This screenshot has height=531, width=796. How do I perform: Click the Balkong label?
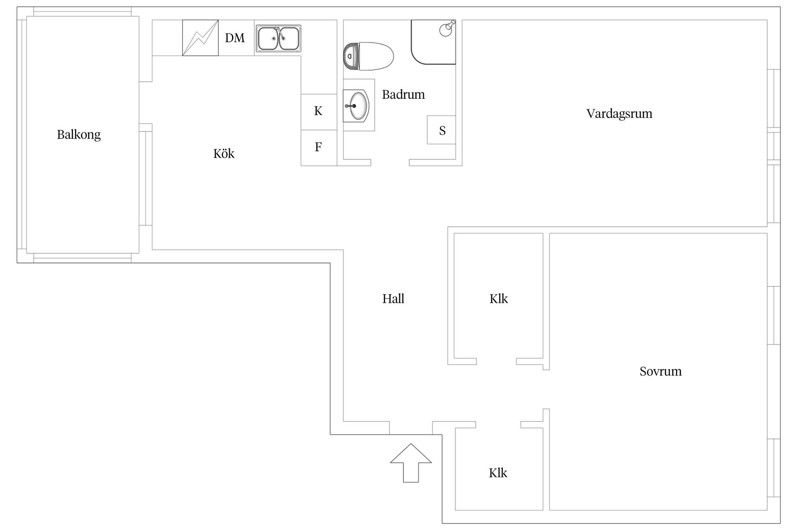coord(79,135)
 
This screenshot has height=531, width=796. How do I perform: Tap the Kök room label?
coord(224,153)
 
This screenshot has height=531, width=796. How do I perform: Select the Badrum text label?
coord(403,95)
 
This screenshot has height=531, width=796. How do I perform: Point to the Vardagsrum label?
coord(619,114)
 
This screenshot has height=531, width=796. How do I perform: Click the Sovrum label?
coord(660,371)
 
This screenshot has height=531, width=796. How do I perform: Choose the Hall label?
coord(393,299)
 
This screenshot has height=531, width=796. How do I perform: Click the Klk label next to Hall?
coord(498,299)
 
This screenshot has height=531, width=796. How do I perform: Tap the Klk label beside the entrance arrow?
coord(498,473)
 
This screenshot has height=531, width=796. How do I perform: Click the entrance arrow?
coord(411,463)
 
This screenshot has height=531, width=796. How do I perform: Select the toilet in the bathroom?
coord(368,56)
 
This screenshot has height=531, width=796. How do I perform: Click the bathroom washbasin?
coord(356,106)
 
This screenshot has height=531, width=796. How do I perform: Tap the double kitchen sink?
coord(278,38)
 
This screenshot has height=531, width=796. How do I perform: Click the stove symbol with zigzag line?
coord(201,38)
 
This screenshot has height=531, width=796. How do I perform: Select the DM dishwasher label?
coord(235,38)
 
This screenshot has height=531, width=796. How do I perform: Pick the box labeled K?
coord(318,112)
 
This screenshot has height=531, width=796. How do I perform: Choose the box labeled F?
coord(318,148)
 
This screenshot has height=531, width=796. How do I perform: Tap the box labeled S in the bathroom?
coord(442,130)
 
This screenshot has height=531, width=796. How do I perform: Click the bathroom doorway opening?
coord(390,163)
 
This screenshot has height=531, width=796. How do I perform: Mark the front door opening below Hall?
coord(411,428)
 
